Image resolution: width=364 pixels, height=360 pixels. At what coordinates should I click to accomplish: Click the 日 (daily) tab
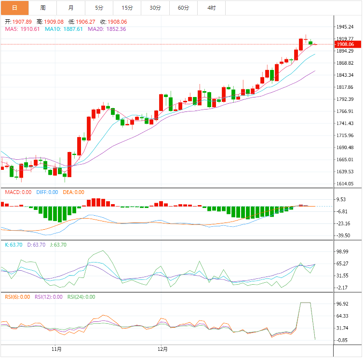tap(14, 8)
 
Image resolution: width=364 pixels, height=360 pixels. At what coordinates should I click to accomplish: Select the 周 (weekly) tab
tap(43, 8)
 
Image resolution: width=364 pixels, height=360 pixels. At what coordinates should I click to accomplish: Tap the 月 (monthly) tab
tap(71, 8)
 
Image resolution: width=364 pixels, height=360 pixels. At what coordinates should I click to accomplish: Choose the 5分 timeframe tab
tap(99, 8)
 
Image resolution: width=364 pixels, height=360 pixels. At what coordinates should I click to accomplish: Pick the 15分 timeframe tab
tap(127, 8)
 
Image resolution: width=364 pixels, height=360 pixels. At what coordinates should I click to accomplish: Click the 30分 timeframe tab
tap(155, 8)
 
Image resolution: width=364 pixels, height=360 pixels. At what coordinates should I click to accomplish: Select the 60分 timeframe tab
tap(183, 8)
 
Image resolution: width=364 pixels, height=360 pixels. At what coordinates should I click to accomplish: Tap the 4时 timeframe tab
tap(212, 8)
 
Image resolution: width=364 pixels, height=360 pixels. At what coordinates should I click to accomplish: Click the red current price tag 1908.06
tap(346, 44)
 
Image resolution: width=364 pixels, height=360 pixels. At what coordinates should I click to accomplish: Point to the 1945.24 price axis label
tap(345, 27)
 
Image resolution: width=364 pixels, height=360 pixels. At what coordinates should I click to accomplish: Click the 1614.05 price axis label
tap(345, 184)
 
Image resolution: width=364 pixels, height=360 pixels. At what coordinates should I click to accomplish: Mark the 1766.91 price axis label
tap(345, 111)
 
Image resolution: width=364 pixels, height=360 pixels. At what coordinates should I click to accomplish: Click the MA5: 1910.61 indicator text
tap(23, 29)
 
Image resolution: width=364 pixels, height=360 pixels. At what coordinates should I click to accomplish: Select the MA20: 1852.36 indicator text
tap(107, 29)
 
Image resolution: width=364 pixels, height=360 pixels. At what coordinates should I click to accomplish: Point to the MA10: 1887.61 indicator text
tap(64, 29)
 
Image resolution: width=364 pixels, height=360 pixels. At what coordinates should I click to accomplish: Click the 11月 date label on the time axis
tap(56, 348)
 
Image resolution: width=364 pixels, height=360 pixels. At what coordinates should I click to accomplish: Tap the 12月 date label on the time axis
tap(162, 348)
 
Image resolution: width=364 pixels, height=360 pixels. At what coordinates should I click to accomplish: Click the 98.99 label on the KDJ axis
tap(343, 251)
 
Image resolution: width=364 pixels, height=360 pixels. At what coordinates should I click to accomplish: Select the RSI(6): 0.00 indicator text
tap(17, 297)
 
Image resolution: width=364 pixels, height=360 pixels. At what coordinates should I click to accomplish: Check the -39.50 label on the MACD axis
tap(343, 235)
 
